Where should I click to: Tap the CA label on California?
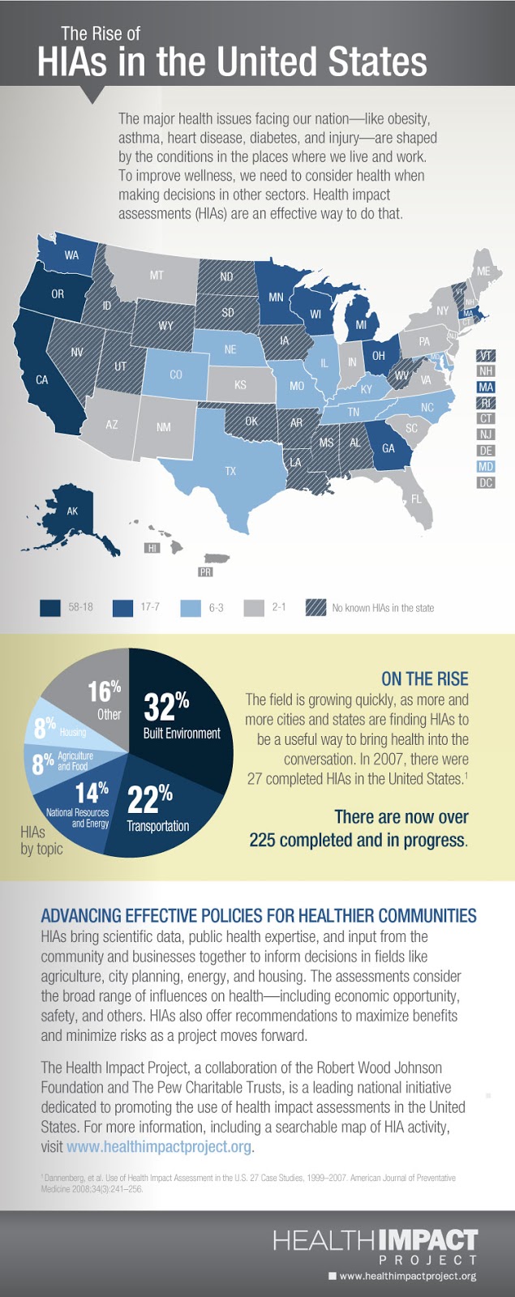(41, 379)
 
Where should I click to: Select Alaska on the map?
(72, 512)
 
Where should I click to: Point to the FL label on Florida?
(416, 499)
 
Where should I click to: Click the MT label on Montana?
(157, 276)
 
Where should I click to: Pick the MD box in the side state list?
(486, 467)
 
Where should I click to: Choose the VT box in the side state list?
(486, 356)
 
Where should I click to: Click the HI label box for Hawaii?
(152, 548)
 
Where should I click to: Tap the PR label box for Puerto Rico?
(205, 571)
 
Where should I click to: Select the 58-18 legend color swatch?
(50, 607)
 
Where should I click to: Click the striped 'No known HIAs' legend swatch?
(315, 607)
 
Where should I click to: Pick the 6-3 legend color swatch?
(191, 607)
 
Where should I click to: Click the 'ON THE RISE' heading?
(424, 678)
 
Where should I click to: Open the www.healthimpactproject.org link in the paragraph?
(159, 1146)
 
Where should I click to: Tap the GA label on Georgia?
(388, 448)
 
